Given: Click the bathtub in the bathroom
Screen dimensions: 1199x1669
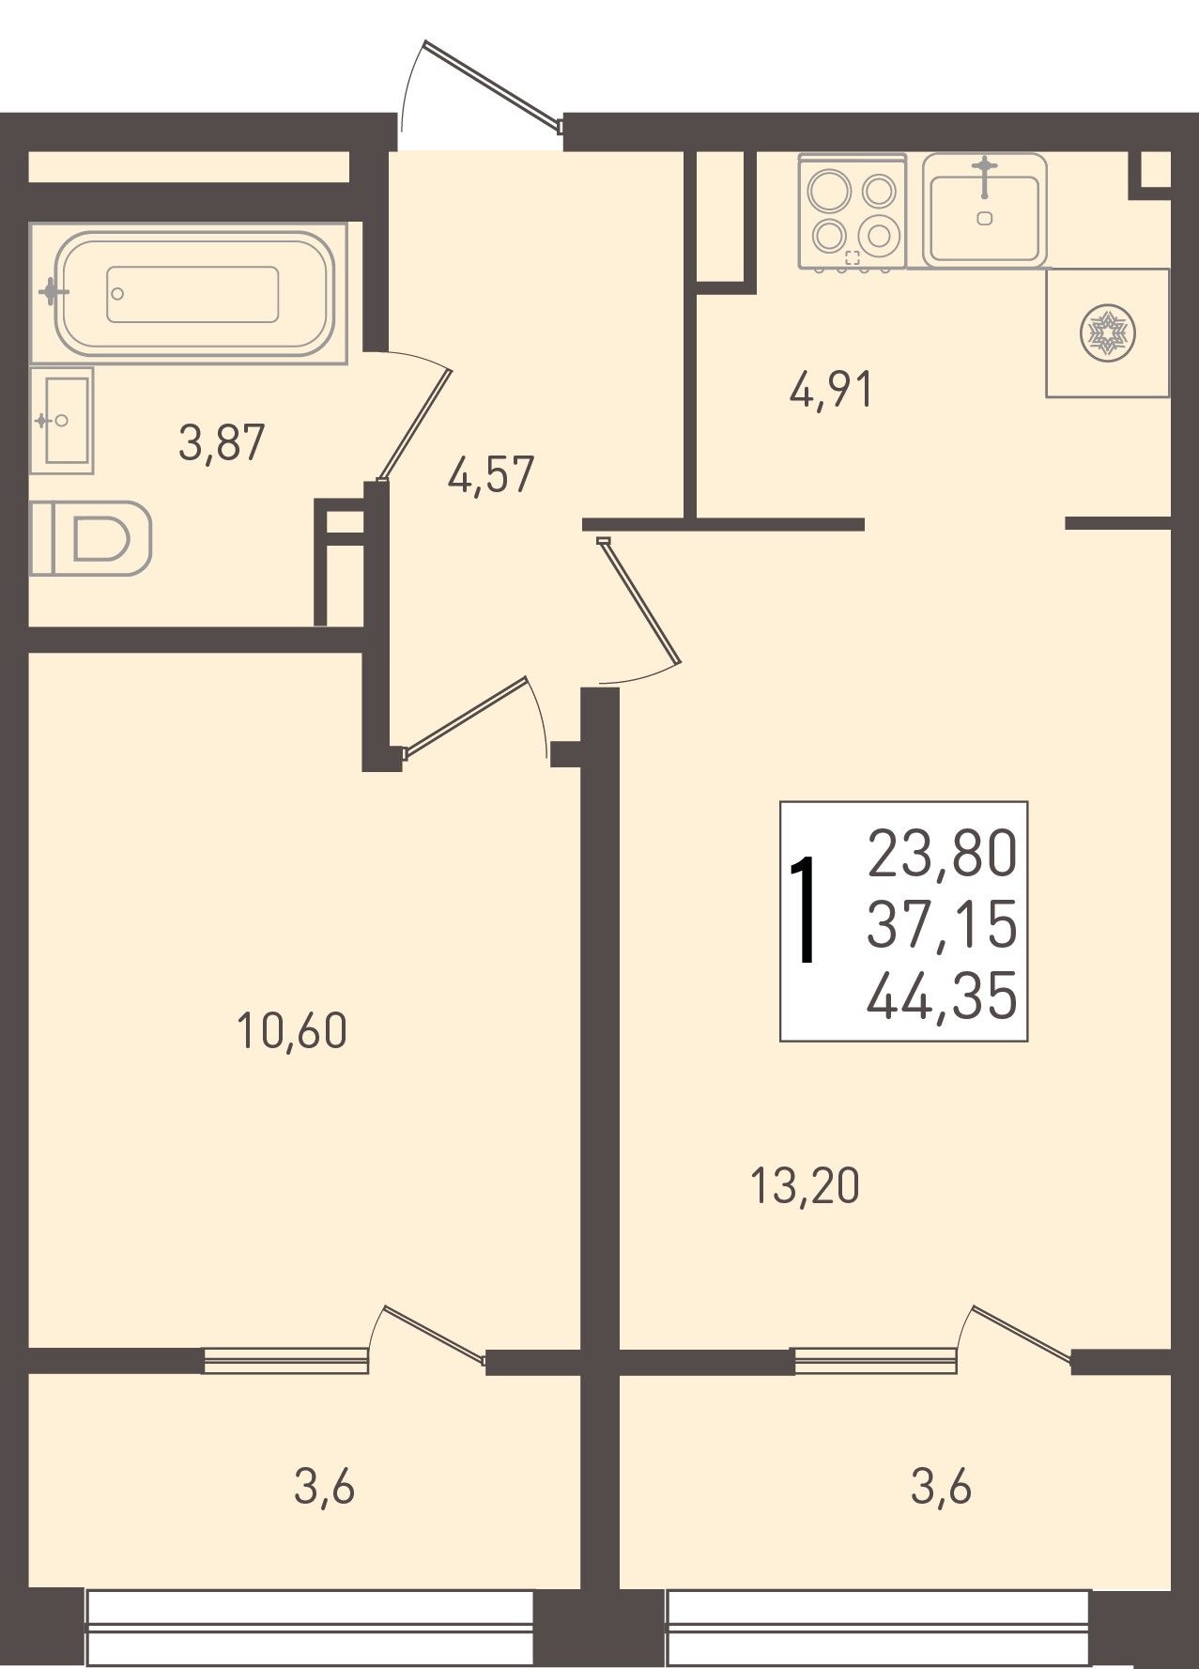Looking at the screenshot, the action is pos(189,292).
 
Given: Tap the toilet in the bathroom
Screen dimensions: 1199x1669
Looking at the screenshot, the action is pos(90,538).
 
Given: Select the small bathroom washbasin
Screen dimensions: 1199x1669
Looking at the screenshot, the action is pos(62,420).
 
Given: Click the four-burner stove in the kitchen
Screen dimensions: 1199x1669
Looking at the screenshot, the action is pos(853,212).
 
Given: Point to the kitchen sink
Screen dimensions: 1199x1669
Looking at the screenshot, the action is pos(984,209).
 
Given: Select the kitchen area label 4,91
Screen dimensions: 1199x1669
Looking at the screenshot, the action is pos(832,389).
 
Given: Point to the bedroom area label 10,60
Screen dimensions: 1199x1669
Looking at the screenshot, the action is pos(292,1031).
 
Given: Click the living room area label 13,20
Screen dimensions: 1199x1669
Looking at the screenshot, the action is pos(806,1186).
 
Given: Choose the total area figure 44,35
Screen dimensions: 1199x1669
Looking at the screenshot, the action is pos(942,997).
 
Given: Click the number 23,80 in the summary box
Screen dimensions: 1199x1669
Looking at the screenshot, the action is pos(942,854).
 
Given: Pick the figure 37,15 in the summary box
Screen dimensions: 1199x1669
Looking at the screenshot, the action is pos(942,925).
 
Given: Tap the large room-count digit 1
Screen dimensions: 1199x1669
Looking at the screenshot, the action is pos(802,910).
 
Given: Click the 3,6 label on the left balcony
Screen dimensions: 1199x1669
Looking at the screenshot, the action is pos(325,1488).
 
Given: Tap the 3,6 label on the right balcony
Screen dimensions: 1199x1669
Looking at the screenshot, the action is pos(942,1488).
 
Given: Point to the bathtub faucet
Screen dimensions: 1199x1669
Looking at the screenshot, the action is pos(54,292).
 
